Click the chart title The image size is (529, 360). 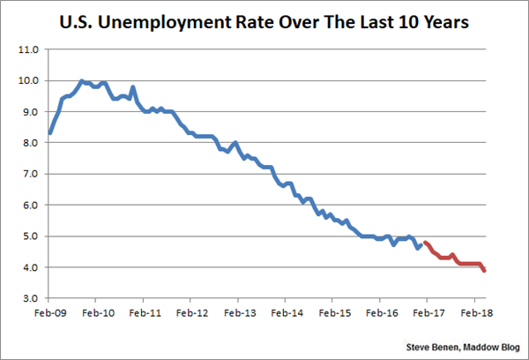pyautogui.click(x=264, y=19)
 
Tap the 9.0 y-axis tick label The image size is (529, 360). pyautogui.click(x=28, y=112)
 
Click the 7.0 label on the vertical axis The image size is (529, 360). pyautogui.click(x=28, y=175)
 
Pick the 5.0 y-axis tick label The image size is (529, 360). pyautogui.click(x=28, y=236)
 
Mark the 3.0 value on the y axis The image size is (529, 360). pyautogui.click(x=28, y=299)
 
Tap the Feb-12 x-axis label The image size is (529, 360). pyautogui.click(x=191, y=311)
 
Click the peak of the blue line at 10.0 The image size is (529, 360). pyautogui.click(x=82, y=81)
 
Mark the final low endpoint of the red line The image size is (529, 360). pyautogui.click(x=485, y=271)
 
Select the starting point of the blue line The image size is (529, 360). pyautogui.click(x=50, y=133)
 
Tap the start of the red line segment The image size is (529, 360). pyautogui.click(x=425, y=243)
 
